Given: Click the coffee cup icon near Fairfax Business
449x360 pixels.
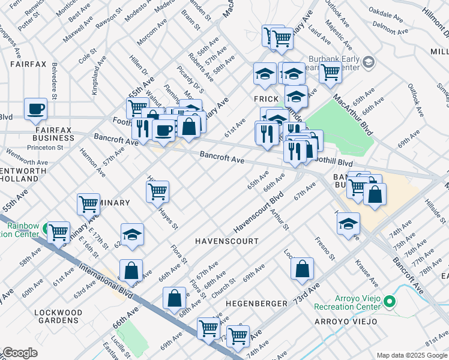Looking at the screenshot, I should click(x=35, y=109).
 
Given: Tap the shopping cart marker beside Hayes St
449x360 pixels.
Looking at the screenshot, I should click(x=157, y=191).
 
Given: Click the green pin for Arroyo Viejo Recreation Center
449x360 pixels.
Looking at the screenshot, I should click(x=390, y=301).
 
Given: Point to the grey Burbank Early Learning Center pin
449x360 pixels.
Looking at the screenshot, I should click(x=368, y=62).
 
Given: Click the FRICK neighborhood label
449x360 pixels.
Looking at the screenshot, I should click(x=265, y=99).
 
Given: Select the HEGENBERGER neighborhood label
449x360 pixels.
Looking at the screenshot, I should click(x=256, y=304).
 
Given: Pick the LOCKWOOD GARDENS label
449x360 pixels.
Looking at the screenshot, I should click(x=58, y=317).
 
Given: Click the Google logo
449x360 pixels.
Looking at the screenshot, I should click(x=19, y=353).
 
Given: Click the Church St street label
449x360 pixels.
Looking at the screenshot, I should click(x=223, y=289).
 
